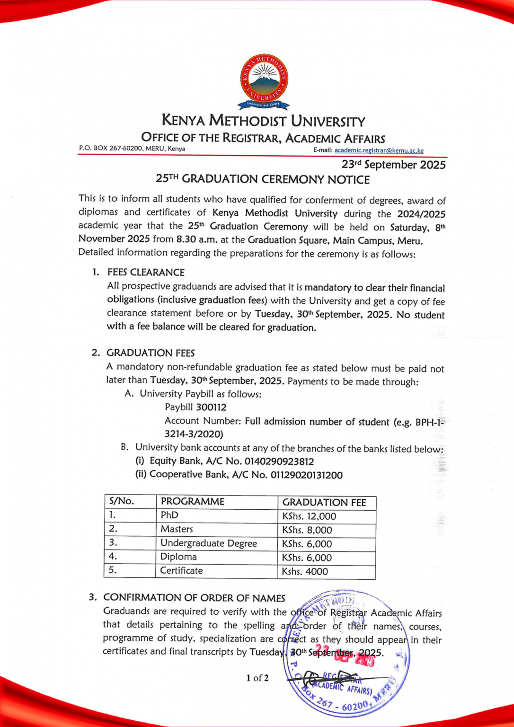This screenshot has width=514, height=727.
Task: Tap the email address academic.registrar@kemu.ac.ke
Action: [379, 151]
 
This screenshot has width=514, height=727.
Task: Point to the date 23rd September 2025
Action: [393, 165]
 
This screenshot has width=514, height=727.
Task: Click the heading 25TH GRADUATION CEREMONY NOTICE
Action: [263, 179]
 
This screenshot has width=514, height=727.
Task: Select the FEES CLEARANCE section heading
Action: [146, 272]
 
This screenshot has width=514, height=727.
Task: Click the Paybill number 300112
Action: [211, 407]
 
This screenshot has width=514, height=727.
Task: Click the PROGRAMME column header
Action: [193, 502]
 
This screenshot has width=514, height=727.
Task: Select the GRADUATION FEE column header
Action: [324, 503]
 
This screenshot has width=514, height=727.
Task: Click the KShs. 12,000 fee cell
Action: [309, 516]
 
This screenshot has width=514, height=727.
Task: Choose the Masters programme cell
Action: [177, 529]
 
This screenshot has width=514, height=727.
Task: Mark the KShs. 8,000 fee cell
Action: [307, 530]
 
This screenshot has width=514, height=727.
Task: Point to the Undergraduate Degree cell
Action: [209, 543]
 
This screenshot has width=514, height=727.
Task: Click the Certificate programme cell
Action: [181, 571]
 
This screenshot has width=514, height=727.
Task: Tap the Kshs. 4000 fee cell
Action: [305, 572]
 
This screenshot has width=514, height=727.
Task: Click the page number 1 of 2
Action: [257, 678]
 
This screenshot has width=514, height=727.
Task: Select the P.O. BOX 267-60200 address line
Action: [132, 149]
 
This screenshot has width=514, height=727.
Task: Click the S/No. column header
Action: [122, 501]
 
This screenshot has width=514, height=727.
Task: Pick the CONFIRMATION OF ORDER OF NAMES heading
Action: [194, 598]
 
